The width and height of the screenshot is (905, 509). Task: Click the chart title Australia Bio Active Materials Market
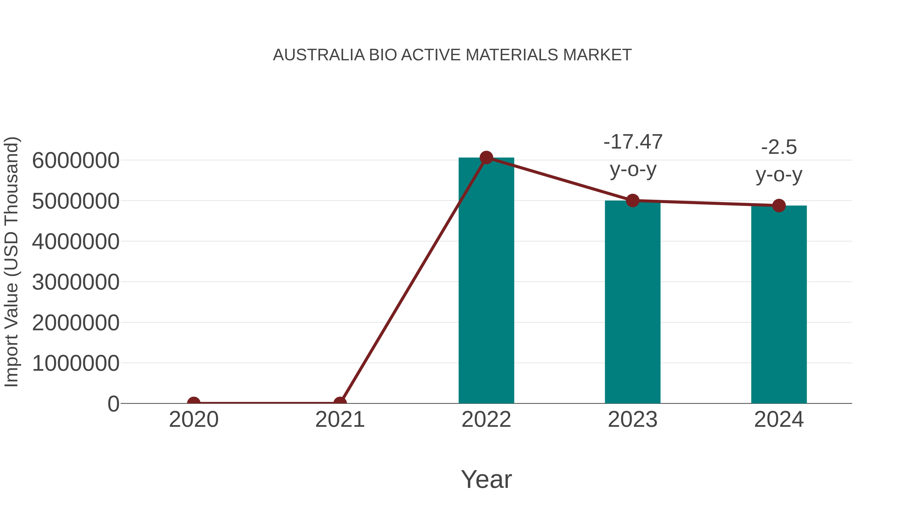pos(452,55)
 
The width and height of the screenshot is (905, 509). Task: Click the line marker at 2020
pos(194,403)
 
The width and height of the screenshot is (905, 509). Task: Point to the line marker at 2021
pos(340,403)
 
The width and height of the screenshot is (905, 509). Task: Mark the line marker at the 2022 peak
pos(486,158)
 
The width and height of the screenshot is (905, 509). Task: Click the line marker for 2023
pos(632,201)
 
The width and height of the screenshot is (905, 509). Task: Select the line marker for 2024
pos(779,206)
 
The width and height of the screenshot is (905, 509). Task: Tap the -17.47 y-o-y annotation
pos(633,156)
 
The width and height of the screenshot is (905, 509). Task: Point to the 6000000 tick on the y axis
pos(75,161)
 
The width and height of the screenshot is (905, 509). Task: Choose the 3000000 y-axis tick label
pos(75,283)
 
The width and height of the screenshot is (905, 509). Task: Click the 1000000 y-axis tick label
pos(75,363)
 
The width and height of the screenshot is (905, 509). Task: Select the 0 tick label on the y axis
pos(113,404)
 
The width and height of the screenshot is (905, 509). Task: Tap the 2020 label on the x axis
pos(194,420)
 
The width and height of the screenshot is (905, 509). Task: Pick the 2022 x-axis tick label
pos(486,420)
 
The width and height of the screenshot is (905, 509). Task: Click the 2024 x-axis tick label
pos(779,420)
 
